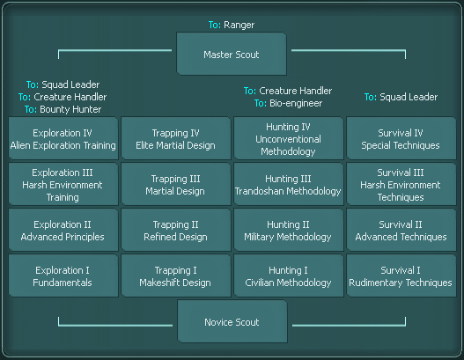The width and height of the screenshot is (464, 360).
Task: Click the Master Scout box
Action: (x=232, y=54)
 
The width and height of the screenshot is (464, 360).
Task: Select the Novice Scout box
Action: (x=232, y=321)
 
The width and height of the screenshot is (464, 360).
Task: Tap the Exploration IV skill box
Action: (x=63, y=138)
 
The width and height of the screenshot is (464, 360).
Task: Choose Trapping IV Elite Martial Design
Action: (x=176, y=138)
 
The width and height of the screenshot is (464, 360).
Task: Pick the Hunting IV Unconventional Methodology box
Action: (x=289, y=138)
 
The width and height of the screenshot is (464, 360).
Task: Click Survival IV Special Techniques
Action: (x=401, y=138)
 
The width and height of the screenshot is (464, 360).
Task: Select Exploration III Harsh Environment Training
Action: (x=63, y=184)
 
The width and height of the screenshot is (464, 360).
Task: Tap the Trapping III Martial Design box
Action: (x=176, y=184)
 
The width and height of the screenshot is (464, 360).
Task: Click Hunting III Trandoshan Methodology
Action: (x=289, y=184)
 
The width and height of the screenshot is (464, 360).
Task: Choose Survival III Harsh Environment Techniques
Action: (x=401, y=184)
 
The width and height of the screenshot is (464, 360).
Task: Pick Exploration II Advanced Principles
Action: (x=63, y=230)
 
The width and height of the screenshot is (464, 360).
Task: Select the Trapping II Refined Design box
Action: (x=176, y=230)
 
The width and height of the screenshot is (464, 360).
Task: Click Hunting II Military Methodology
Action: (x=289, y=230)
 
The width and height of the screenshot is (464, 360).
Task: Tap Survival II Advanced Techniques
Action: (x=401, y=230)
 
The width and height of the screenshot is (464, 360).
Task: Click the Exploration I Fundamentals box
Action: (x=63, y=276)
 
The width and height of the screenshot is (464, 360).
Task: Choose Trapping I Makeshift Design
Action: (x=176, y=276)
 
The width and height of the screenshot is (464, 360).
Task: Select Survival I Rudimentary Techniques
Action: (x=401, y=276)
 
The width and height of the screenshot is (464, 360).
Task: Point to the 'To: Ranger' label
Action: (x=232, y=25)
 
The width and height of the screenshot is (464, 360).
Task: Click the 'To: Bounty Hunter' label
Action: (x=63, y=109)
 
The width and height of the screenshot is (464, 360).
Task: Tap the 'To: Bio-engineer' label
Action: (x=288, y=103)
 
